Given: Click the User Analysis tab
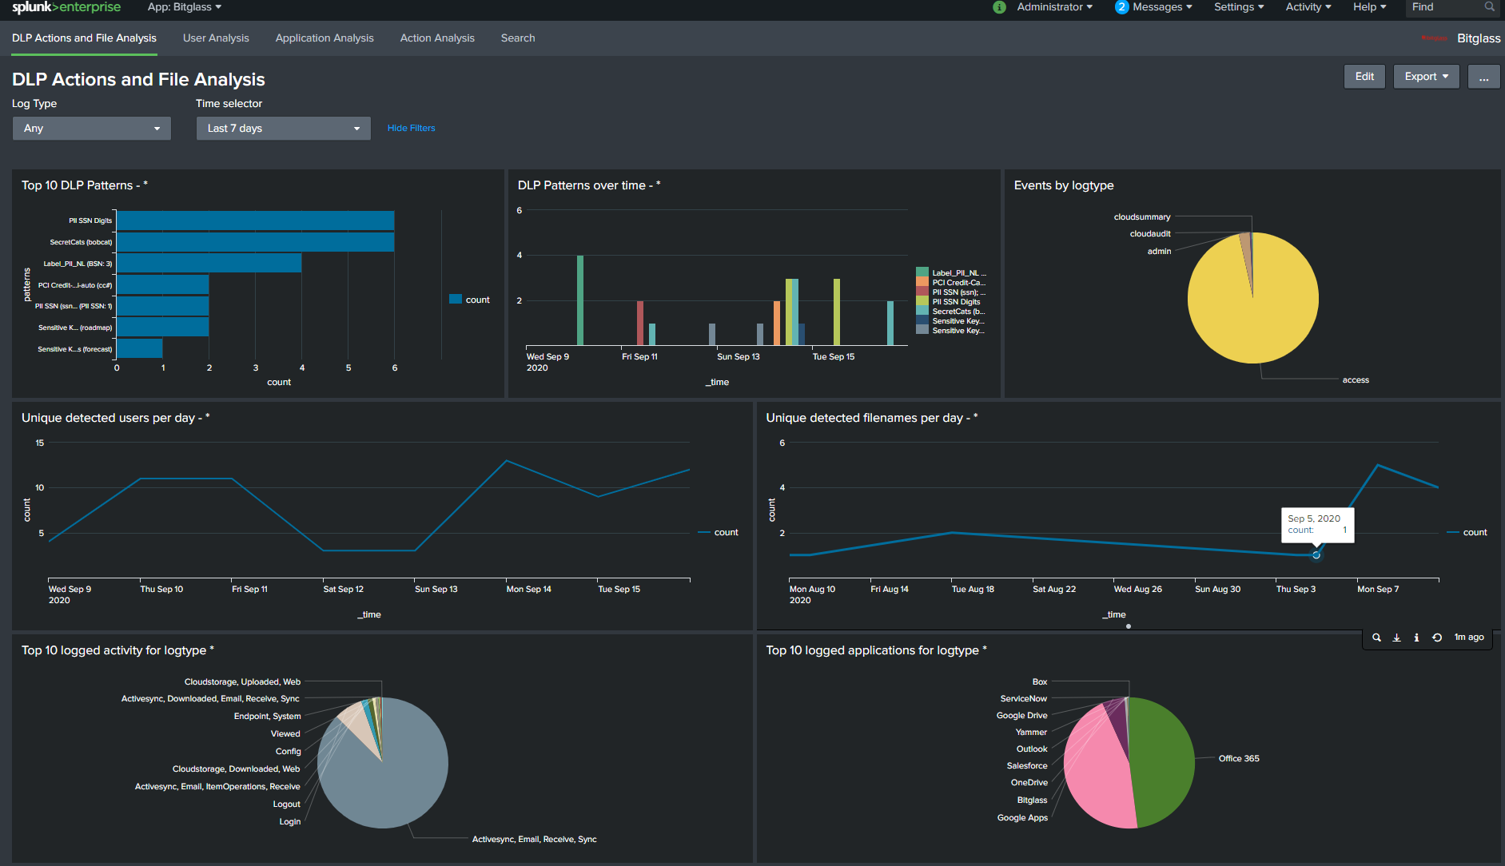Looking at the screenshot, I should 216,38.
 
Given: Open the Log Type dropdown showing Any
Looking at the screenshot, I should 92,129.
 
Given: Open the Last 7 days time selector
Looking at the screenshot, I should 283,129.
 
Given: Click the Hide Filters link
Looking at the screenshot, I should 411,128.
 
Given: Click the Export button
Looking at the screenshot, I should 1426,77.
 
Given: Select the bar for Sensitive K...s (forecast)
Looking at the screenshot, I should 140,348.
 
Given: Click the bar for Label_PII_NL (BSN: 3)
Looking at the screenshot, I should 209,263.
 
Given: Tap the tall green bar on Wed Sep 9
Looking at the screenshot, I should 580,300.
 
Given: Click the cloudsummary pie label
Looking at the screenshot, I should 1141,217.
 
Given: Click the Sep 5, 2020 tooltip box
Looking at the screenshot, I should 1316,525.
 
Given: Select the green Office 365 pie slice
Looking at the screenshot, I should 1163,759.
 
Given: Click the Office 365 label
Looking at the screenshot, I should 1238,759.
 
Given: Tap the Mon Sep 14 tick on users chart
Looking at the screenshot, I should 528,589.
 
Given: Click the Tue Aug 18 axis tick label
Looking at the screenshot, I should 973,589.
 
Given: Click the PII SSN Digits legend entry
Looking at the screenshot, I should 956,302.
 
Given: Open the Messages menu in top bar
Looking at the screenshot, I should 1155,7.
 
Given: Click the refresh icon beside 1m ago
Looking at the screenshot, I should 1436,638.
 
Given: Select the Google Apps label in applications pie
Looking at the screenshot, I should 1022,817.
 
